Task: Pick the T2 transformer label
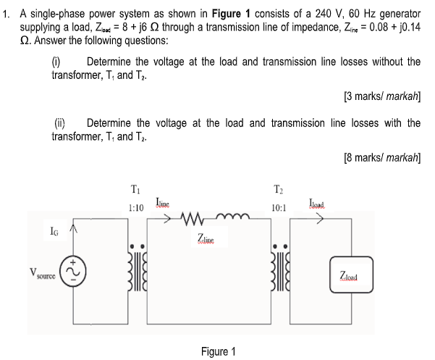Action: (278, 191)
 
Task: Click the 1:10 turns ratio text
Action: (135, 208)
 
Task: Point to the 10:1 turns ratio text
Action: (277, 208)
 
